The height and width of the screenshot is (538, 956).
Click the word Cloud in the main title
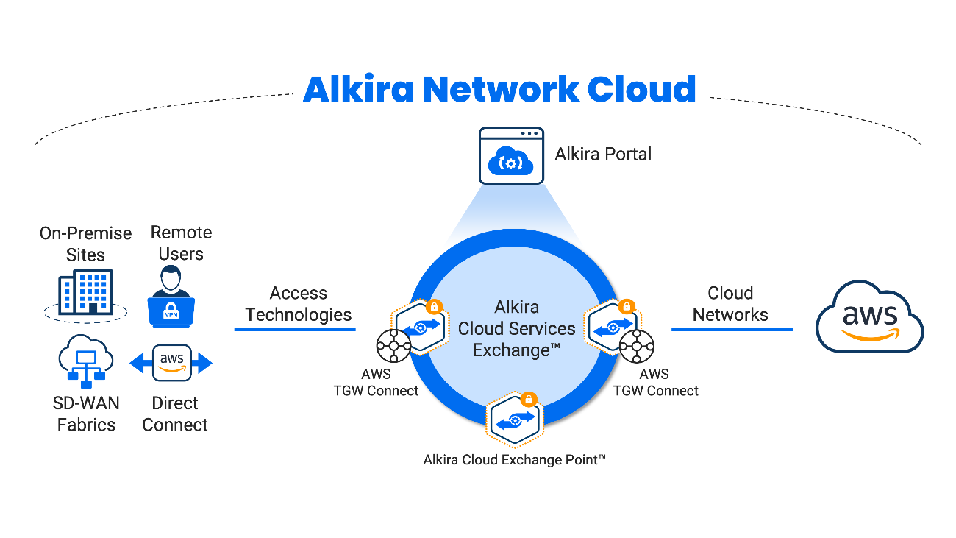[x=641, y=89]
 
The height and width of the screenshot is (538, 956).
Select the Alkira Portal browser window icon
[x=511, y=155]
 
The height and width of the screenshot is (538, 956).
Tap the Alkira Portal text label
[x=603, y=154]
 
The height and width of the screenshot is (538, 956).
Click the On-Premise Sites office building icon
[x=85, y=292]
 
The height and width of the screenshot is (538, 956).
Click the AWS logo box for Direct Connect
[x=171, y=363]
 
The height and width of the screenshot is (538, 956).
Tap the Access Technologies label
[x=299, y=304]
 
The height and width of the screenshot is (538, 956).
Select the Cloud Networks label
[x=730, y=304]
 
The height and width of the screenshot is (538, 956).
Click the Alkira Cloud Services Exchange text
[x=516, y=328]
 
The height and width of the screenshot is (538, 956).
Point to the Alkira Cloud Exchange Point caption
[x=515, y=460]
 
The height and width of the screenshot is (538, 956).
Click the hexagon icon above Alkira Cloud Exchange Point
[x=515, y=421]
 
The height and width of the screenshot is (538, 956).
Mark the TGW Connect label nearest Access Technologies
[x=376, y=383]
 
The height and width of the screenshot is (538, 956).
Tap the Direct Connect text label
[x=175, y=414]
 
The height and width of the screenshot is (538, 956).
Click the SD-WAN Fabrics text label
[x=86, y=414]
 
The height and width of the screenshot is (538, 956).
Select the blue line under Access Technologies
[x=295, y=329]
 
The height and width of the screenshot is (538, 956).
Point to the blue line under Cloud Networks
[x=732, y=329]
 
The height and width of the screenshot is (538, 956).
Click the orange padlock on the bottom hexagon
[x=528, y=400]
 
